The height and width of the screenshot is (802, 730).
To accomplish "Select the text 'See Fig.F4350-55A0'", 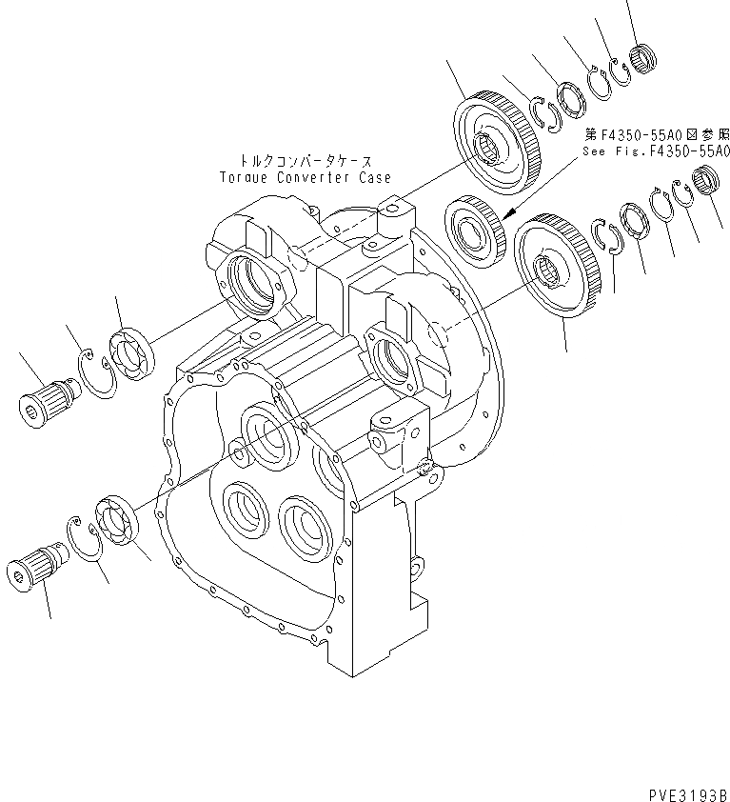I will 658,150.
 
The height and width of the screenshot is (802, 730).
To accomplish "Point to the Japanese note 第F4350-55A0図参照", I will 657,134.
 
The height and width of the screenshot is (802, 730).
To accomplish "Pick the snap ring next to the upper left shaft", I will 97,371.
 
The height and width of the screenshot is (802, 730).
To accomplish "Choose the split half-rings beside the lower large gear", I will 604,236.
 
